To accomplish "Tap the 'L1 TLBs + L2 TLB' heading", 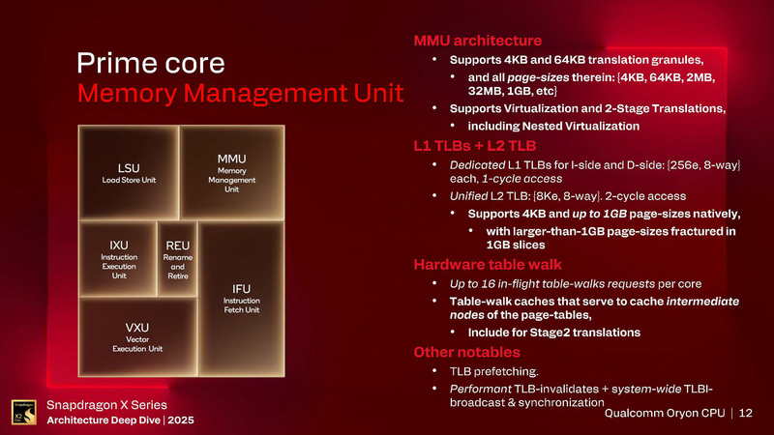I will pos(475,147).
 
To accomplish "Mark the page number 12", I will pos(745,414).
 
